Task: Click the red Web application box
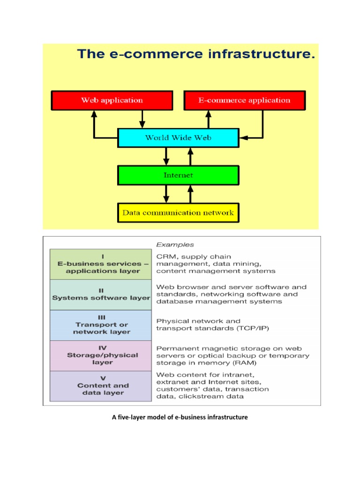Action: click(112, 100)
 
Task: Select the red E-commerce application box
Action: click(244, 100)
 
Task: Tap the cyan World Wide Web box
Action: click(178, 138)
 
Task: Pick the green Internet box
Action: click(178, 175)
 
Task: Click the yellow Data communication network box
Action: click(178, 212)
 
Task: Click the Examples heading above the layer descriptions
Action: click(175, 244)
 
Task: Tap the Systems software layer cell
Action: click(101, 294)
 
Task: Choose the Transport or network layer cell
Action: click(101, 325)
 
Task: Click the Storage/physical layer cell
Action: click(101, 355)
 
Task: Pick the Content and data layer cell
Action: click(101, 386)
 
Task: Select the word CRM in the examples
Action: click(165, 256)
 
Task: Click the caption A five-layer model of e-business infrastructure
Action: click(180, 417)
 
